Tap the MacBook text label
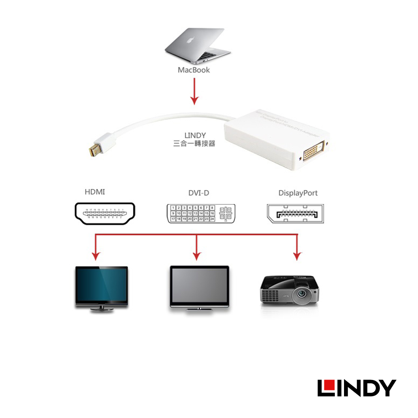point(194,70)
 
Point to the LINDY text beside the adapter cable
point(195,135)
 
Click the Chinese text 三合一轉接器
point(194,144)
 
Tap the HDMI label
point(95,192)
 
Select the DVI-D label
point(199,193)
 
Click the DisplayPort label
point(298,193)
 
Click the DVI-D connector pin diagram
point(201,213)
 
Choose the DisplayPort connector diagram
point(295,213)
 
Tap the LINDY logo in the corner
point(356,388)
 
